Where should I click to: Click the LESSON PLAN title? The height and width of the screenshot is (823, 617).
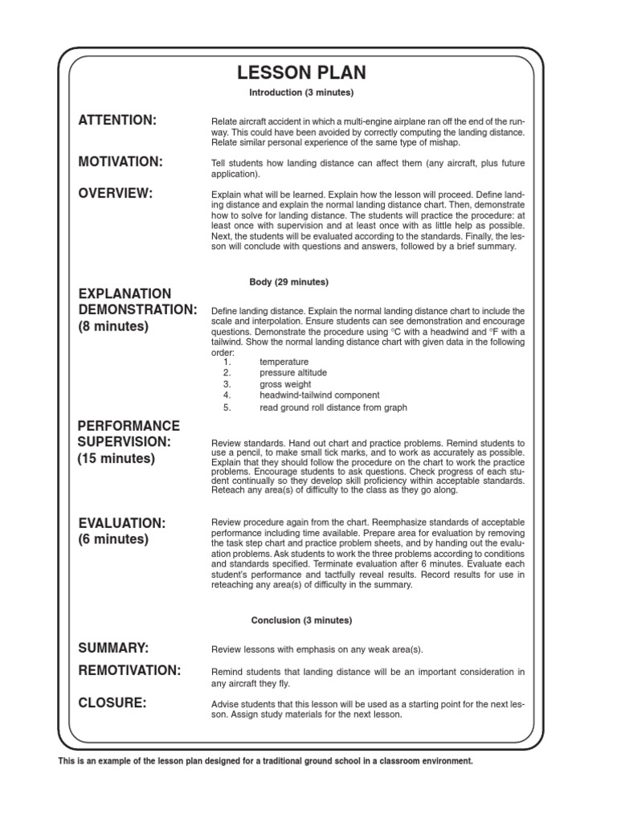coord(301,73)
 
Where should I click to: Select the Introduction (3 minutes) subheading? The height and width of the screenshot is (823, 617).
coord(301,93)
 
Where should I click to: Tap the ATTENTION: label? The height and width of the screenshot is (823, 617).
coord(117,121)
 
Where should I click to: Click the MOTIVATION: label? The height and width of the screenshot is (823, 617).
coord(121,162)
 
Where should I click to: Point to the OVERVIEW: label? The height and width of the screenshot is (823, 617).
coord(116,194)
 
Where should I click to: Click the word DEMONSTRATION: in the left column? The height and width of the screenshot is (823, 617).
coord(137,310)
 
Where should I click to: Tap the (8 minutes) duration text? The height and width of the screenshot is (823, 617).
coord(113,328)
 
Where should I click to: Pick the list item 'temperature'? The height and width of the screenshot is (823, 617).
coord(284,362)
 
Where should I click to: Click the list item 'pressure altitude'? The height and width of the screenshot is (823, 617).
coord(293,373)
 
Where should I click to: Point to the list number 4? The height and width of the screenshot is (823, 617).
coord(227,395)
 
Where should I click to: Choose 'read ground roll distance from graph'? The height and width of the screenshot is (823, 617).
coord(333,407)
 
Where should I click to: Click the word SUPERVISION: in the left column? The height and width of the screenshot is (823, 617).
coord(125,442)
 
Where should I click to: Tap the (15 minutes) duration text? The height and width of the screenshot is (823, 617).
coord(116,460)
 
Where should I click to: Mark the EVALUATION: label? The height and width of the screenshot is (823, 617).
coord(121,523)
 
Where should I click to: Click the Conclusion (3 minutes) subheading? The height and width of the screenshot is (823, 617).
coord(301,620)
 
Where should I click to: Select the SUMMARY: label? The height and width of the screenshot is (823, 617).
coord(114,648)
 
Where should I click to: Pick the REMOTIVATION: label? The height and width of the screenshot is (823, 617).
coord(129,670)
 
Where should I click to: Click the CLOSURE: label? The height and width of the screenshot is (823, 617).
coord(112,703)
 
